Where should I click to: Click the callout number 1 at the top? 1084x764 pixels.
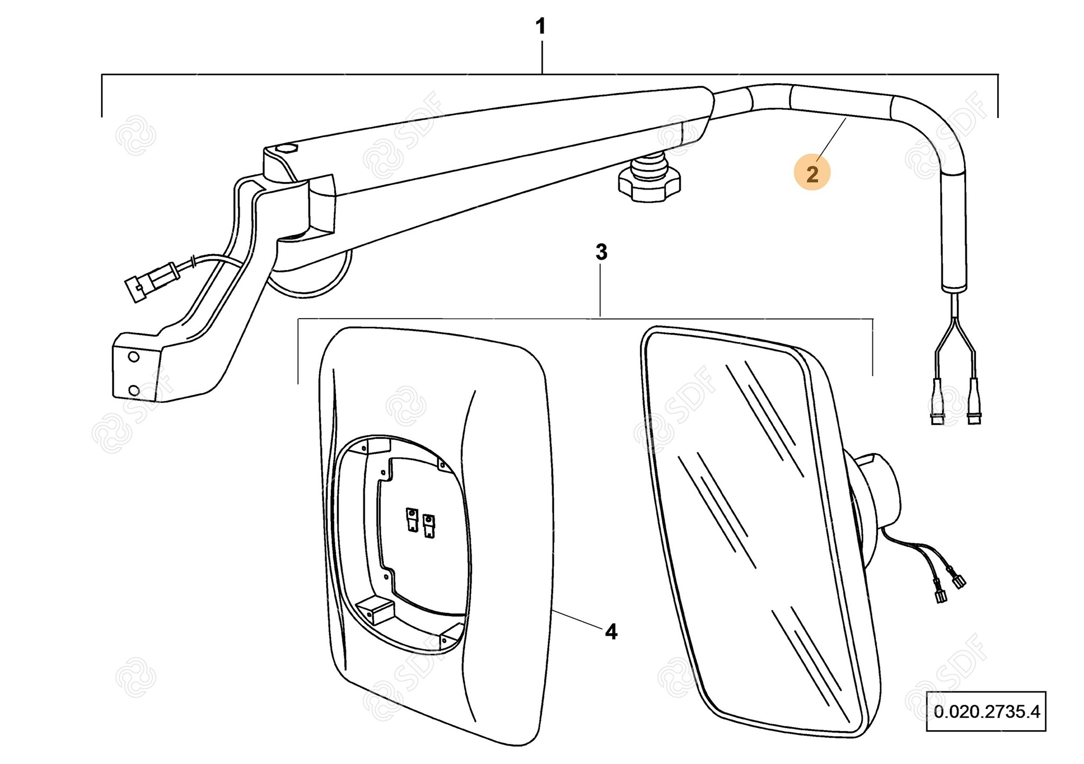540,26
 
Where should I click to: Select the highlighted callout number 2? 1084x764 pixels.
812,174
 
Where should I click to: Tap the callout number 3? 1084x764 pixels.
601,253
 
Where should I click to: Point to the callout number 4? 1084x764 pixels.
611,631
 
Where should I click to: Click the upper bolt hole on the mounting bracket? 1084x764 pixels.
134,357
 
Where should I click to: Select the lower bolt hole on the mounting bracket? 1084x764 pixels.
134,391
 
